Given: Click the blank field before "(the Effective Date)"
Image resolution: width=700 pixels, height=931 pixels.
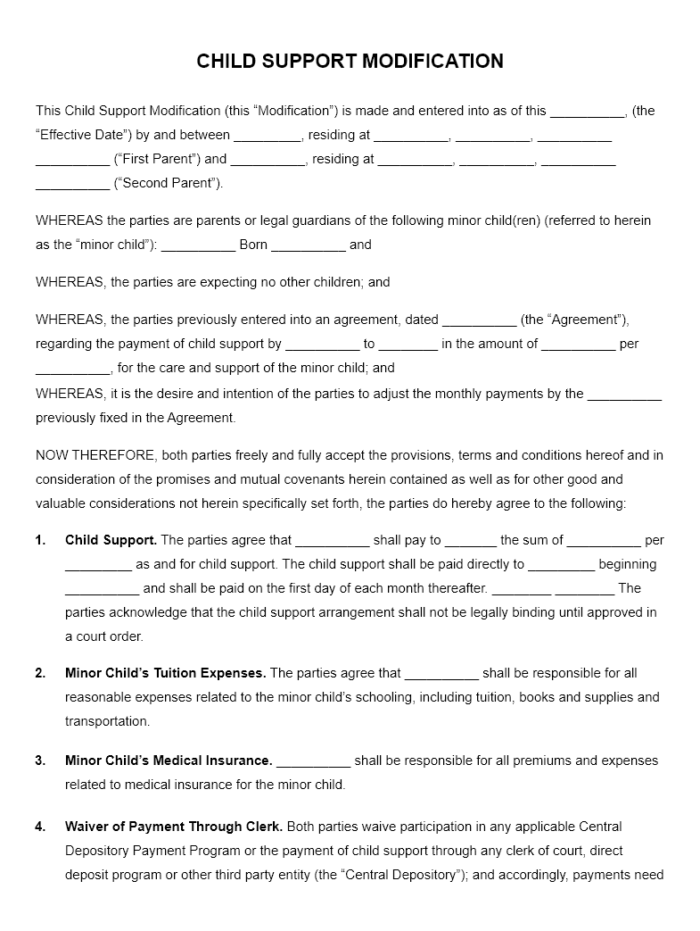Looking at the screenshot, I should (588, 112).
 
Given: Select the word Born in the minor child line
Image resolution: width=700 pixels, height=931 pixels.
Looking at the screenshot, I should (253, 245).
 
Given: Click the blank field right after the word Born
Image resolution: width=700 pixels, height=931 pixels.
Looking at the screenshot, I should (308, 245).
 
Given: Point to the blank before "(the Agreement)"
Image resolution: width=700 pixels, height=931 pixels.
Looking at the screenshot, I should (479, 320).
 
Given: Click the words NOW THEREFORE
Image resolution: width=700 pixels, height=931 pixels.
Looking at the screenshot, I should (94, 455).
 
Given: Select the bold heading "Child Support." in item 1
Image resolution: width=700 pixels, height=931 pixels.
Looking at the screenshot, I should (111, 540).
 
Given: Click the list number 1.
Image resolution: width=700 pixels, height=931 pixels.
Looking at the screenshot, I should (40, 540).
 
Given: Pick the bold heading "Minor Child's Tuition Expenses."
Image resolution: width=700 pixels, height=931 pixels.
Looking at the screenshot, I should (165, 674).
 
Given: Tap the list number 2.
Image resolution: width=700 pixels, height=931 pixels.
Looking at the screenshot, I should (40, 674).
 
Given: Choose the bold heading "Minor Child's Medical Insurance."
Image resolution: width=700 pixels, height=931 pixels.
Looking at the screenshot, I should (169, 761).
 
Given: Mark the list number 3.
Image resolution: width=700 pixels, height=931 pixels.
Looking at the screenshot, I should (40, 761).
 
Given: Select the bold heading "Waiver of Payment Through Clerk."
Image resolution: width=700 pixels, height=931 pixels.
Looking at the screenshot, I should (174, 827).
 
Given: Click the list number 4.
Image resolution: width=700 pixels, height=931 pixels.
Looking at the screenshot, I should (40, 827).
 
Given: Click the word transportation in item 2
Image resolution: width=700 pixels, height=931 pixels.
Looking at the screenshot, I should (107, 721).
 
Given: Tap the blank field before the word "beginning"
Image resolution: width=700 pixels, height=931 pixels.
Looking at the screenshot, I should (561, 565).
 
